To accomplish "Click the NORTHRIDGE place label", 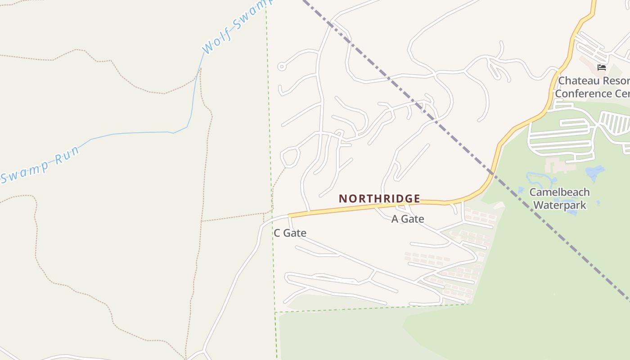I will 379,198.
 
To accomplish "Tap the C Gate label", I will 290,233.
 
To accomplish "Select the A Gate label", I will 408,219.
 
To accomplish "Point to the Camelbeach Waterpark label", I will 559,199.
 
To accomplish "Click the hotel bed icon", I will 602,67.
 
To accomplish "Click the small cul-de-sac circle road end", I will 282,67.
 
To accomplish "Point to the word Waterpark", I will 559,206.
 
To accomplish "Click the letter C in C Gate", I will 277,233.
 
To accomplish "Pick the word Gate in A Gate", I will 413,219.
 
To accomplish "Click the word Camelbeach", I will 559,192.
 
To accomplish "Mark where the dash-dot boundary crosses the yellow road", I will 492,173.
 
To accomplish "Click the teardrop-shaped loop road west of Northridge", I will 290,157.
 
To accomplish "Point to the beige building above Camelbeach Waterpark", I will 560,165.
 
